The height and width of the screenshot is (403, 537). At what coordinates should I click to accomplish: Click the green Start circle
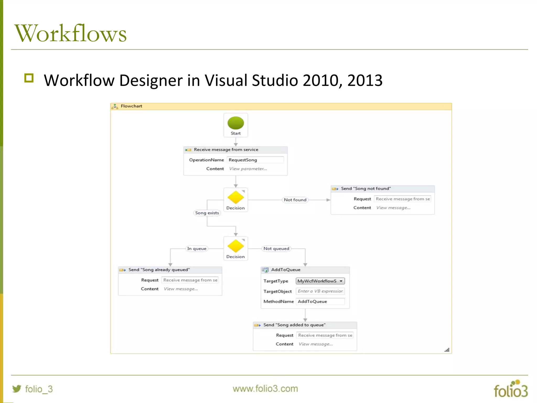pyautogui.click(x=235, y=123)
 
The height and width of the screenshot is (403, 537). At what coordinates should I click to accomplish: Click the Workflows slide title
pyautogui.click(x=71, y=33)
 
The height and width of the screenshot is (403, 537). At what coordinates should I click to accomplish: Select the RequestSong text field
pyautogui.click(x=255, y=160)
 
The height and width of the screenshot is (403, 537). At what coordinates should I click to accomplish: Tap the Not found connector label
pyautogui.click(x=295, y=200)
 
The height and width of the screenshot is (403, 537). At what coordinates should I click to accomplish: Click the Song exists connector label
pyautogui.click(x=207, y=213)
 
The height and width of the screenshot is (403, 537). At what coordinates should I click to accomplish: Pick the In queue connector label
pyautogui.click(x=197, y=248)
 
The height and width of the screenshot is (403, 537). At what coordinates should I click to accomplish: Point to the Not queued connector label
pyautogui.click(x=276, y=248)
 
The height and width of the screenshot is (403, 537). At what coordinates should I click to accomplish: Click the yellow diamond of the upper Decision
pyautogui.click(x=235, y=197)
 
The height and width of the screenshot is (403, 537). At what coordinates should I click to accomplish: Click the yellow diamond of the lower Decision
pyautogui.click(x=235, y=246)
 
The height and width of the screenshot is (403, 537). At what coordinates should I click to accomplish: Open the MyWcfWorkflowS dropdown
pyautogui.click(x=320, y=281)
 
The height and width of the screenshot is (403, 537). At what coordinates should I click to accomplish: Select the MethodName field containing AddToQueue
pyautogui.click(x=320, y=301)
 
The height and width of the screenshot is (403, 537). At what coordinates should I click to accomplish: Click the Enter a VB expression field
pyautogui.click(x=320, y=291)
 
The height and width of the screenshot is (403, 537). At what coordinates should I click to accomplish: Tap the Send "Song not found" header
pyautogui.click(x=366, y=189)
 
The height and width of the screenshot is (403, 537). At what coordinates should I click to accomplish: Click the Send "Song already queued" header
pyautogui.click(x=159, y=270)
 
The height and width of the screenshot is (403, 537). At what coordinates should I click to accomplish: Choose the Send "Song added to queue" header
pyautogui.click(x=294, y=325)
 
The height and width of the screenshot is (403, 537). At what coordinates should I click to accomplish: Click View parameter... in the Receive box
pyautogui.click(x=248, y=169)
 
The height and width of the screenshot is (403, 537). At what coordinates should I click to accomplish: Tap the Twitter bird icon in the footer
pyautogui.click(x=17, y=389)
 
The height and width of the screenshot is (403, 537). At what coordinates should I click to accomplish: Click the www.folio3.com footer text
pyautogui.click(x=265, y=389)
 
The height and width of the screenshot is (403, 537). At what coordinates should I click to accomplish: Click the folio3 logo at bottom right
pyautogui.click(x=511, y=389)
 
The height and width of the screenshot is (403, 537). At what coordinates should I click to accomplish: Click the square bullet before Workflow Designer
pyautogui.click(x=29, y=78)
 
